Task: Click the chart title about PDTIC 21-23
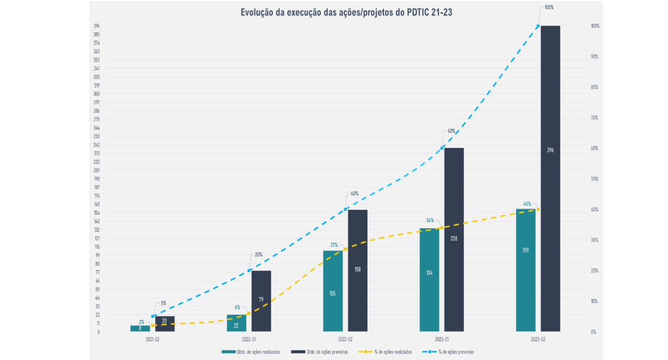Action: [x=346, y=12]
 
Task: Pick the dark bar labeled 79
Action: [x=261, y=301]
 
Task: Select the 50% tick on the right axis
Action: [x=595, y=179]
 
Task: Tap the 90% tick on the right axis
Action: [x=595, y=57]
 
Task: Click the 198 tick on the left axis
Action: [x=97, y=179]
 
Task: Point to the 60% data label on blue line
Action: [x=451, y=131]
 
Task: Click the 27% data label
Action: [x=334, y=245]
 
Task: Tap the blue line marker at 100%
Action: [x=538, y=26]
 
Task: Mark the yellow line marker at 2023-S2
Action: [x=538, y=209]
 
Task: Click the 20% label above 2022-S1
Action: [x=258, y=255]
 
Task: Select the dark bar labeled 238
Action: [x=454, y=239]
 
